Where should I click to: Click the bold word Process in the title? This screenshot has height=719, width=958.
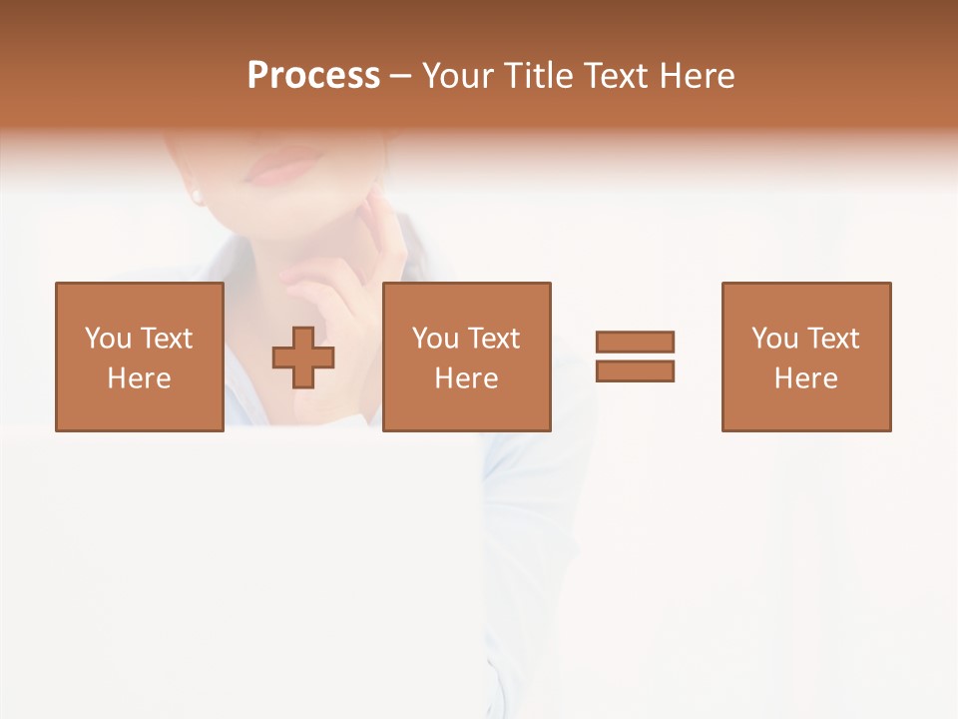[313, 76]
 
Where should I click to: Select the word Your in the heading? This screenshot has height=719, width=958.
[458, 76]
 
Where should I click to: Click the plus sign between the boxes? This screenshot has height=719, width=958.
[303, 358]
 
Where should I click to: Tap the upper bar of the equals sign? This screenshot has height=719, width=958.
[635, 342]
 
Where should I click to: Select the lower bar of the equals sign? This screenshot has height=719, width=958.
[635, 370]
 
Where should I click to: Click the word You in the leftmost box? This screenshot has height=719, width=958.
[108, 339]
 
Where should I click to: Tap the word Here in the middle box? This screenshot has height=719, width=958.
[466, 378]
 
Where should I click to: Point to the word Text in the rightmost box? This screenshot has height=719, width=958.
[832, 339]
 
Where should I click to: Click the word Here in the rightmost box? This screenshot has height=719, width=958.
[805, 378]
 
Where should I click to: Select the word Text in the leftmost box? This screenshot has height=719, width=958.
[166, 339]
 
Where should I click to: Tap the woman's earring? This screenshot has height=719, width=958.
[197, 195]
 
